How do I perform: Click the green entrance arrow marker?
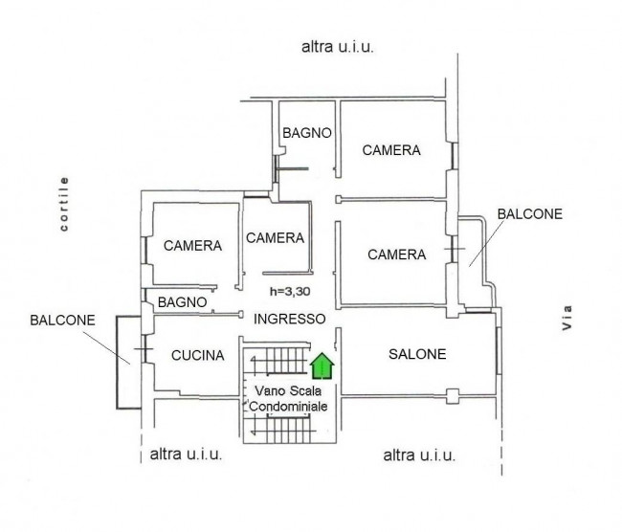coord(322,366)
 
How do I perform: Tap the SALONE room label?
coord(417,354)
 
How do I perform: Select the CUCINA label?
coord(197,355)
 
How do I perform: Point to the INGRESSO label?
coord(290,319)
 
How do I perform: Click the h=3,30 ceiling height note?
coord(290,292)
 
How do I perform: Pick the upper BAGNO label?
coord(306,133)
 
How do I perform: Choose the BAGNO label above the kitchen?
coord(182,302)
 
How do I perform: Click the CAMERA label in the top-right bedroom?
coord(391,150)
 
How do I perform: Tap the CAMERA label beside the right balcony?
coord(397,255)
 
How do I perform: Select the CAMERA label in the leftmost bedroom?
coord(192,246)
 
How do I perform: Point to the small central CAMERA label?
coord(275,238)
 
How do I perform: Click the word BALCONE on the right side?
coord(530,214)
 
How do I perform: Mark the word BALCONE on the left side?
coord(62,321)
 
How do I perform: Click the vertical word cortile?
coord(63,204)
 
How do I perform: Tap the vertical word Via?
coord(567,318)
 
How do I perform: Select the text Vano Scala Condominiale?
coord(288,398)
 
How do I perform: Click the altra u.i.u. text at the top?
coord(338,47)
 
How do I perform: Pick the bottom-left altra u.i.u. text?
coord(186,454)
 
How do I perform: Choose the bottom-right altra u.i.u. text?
coord(419,455)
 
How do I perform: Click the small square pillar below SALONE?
coord(453,396)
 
